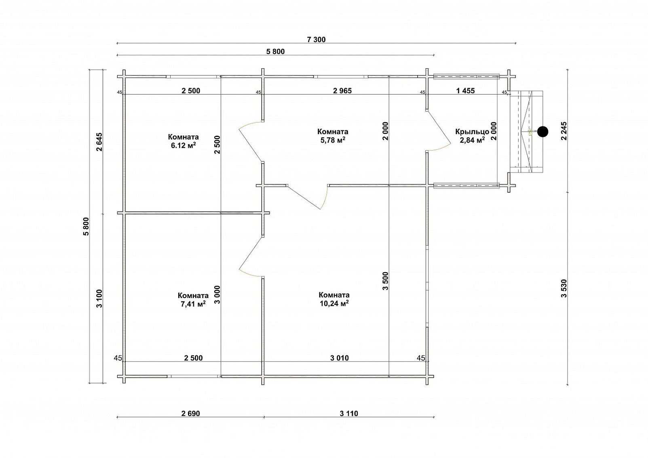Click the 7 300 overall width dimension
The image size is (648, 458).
[316, 40]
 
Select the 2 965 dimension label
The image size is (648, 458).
[342, 91]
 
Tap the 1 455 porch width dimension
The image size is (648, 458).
[465, 91]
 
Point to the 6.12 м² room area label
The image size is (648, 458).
[184, 145]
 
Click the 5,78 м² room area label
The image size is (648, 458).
[333, 140]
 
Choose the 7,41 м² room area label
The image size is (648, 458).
[193, 304]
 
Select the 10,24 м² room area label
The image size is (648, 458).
[334, 303]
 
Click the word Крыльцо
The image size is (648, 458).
[472, 132]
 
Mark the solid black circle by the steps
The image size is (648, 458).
[543, 132]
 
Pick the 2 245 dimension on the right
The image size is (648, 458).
[564, 131]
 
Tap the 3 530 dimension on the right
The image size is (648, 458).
[564, 288]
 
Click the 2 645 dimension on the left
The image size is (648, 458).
[99, 142]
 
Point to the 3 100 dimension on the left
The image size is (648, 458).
[99, 298]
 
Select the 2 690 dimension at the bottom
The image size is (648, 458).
[191, 414]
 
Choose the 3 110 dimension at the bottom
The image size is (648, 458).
[349, 414]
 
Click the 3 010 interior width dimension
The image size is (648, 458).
[340, 358]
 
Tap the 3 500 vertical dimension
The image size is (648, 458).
[386, 281]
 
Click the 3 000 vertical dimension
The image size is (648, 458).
[217, 295]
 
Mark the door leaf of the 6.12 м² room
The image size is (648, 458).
[251, 145]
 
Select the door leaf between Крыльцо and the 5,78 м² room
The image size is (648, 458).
[439, 128]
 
